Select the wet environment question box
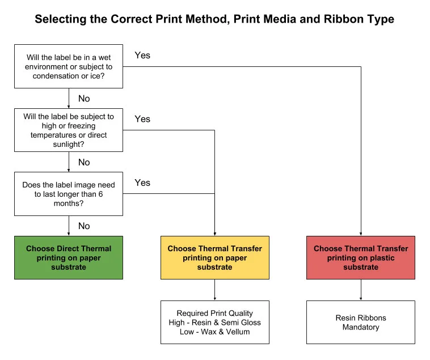(x=69, y=66)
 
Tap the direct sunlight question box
(x=69, y=130)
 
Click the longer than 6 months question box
(x=69, y=194)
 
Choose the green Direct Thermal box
(x=69, y=257)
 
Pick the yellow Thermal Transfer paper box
(x=214, y=257)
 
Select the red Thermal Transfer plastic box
(x=361, y=257)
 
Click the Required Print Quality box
(x=214, y=322)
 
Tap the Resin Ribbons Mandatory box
(x=361, y=322)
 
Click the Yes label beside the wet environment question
(x=142, y=56)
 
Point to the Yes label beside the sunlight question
(x=142, y=119)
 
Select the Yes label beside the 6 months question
(x=142, y=183)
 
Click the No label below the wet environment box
(x=84, y=99)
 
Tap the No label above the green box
(x=84, y=226)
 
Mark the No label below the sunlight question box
(x=84, y=162)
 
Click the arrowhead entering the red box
(x=361, y=233)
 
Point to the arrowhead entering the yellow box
(x=214, y=233)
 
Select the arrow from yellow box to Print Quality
(x=214, y=290)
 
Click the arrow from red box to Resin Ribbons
(x=361, y=290)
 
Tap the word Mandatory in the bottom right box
(x=361, y=327)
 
